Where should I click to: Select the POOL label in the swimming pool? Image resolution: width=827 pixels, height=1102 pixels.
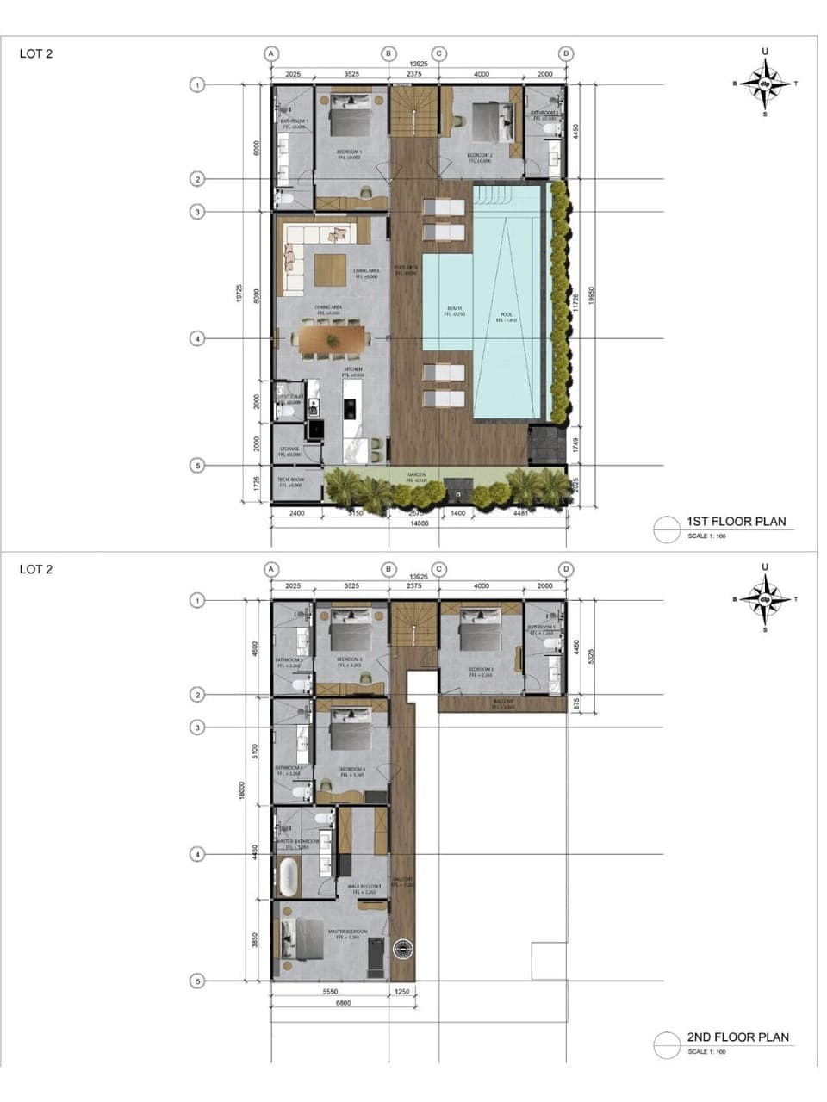[x=506, y=315]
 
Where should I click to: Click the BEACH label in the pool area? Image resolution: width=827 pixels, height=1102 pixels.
[x=454, y=309]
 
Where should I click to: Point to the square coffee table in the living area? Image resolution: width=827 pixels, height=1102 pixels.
[x=330, y=270]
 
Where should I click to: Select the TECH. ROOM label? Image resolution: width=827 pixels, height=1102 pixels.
[x=290, y=482]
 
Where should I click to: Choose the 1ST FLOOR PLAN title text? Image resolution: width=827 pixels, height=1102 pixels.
[x=736, y=522]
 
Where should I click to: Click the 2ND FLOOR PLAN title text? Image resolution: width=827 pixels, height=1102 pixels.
[x=737, y=1037]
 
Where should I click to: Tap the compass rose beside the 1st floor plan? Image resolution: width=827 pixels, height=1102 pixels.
[x=765, y=84]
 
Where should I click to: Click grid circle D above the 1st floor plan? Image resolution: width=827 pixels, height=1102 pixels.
[x=566, y=53]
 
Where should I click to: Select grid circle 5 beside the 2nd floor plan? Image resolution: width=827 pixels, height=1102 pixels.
[x=197, y=981]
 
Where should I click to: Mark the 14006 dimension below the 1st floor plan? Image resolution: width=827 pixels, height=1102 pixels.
[x=419, y=523]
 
